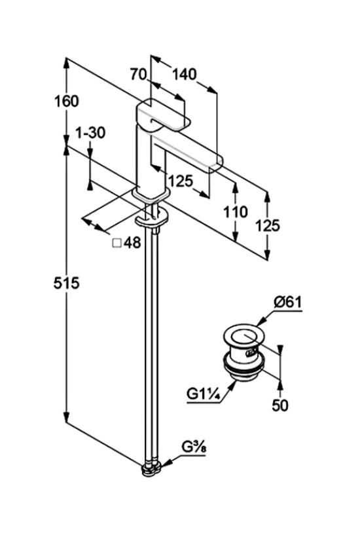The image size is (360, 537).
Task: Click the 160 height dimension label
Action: coord(67,102)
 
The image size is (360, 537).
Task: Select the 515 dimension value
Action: coord(66,283)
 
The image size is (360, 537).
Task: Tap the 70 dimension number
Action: coord(138,74)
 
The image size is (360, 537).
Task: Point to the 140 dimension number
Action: coord(184,74)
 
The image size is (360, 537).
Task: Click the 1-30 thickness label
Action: coord(90,133)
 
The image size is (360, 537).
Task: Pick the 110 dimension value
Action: coord(236,212)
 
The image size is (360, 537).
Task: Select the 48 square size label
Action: coord(132,243)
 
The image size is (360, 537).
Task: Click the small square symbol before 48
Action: coord(117,243)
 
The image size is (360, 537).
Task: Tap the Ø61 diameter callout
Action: coord(288,303)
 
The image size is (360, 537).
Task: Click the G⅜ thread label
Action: coord(194,447)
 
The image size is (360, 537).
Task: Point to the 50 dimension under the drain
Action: coord(280,405)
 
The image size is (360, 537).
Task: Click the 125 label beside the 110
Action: coord(268,225)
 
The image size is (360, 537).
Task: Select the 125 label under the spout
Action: coord(181,181)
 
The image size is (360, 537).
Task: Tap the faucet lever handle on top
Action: coord(163,115)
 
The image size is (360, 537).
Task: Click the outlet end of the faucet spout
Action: coord(216,162)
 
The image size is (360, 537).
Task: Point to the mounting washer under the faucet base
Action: coord(151,219)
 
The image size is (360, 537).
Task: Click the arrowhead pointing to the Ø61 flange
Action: coord(261,322)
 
